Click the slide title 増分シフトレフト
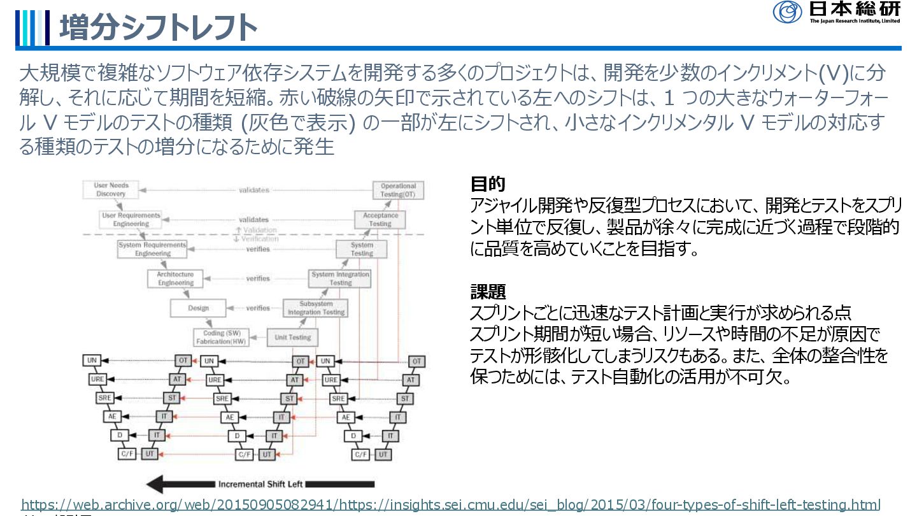[158, 27]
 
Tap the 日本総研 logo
[836, 12]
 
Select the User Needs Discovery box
[111, 190]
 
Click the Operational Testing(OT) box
[398, 190]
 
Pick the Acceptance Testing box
[380, 220]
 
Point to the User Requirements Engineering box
[131, 220]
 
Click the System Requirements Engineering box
[152, 249]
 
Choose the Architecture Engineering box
[176, 278]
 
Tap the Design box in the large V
[198, 308]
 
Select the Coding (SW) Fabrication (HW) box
[221, 338]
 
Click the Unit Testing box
[293, 338]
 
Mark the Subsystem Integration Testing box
[316, 308]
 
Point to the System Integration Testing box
[340, 278]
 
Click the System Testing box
[362, 249]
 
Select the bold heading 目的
[488, 185]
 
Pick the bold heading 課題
[488, 292]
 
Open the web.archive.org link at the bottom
[451, 504]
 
